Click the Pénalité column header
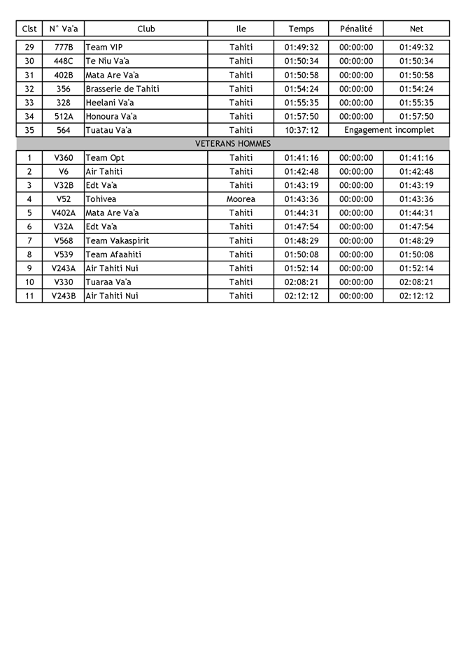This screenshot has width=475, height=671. tap(356, 29)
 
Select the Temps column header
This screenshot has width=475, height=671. tap(302, 29)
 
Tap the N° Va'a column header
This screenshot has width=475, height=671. tap(63, 29)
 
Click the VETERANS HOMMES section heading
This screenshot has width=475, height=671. tap(233, 143)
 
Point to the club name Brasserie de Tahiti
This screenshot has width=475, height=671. tap(122, 89)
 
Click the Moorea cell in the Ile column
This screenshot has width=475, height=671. tap(241, 199)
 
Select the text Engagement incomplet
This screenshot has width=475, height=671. tap(389, 130)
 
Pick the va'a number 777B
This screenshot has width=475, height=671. tap(63, 48)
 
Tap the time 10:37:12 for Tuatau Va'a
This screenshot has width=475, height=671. tap(302, 130)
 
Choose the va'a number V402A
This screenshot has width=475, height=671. tap(63, 213)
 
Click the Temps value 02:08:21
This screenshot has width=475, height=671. tap(302, 282)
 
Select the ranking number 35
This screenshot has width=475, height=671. tap(29, 130)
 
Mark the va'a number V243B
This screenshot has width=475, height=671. tap(63, 296)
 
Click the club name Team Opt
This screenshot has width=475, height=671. tap(105, 158)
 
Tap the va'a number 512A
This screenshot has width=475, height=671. tap(63, 117)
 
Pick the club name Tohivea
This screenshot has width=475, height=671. tap(102, 199)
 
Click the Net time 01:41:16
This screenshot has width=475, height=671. tap(416, 158)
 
